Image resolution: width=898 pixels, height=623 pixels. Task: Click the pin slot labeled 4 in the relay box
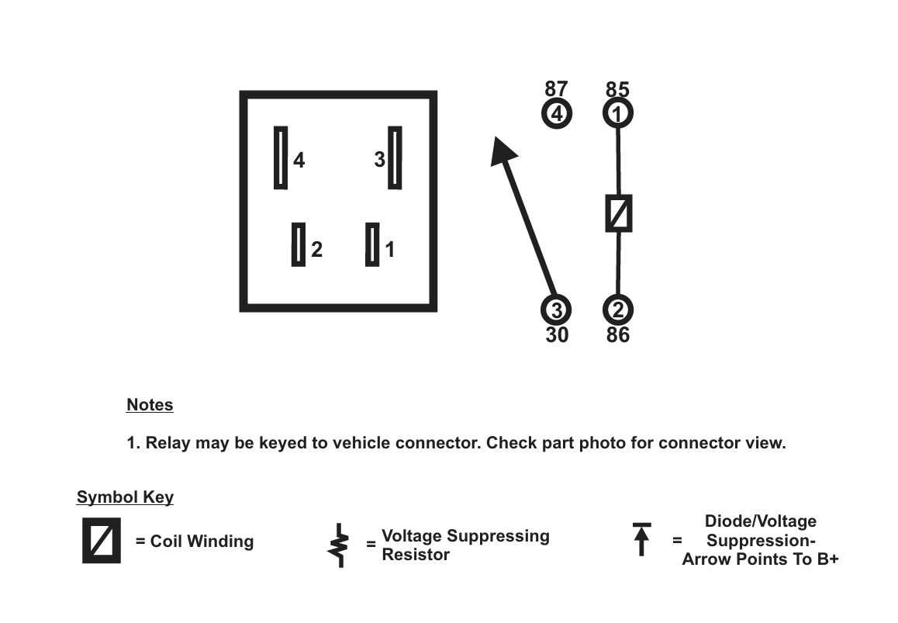[281, 157]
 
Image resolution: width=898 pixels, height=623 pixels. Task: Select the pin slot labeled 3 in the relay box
[395, 157]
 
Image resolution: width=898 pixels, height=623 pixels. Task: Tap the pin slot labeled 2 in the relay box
[299, 244]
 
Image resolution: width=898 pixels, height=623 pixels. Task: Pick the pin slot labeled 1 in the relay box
[372, 244]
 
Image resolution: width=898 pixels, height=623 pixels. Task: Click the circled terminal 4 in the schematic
[556, 114]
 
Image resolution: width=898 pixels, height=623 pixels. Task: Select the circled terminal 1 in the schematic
[618, 114]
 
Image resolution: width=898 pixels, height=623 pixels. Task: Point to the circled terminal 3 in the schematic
[556, 310]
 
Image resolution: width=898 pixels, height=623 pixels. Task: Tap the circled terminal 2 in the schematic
[618, 310]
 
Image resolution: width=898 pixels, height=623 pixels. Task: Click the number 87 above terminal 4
[556, 90]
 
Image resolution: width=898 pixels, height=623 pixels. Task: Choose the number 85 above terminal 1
[618, 90]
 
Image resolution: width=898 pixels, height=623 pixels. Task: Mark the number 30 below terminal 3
[557, 335]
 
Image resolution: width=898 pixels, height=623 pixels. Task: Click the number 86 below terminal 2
[618, 335]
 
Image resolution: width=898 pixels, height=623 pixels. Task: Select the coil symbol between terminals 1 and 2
[619, 213]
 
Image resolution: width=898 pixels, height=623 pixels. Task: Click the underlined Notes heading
[150, 405]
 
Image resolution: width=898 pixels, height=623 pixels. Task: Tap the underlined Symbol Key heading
[125, 497]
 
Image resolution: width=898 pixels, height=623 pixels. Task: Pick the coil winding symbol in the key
[102, 540]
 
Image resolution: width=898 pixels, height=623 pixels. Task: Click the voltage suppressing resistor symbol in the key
[339, 545]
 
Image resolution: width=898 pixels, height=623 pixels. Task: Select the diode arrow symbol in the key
[641, 539]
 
